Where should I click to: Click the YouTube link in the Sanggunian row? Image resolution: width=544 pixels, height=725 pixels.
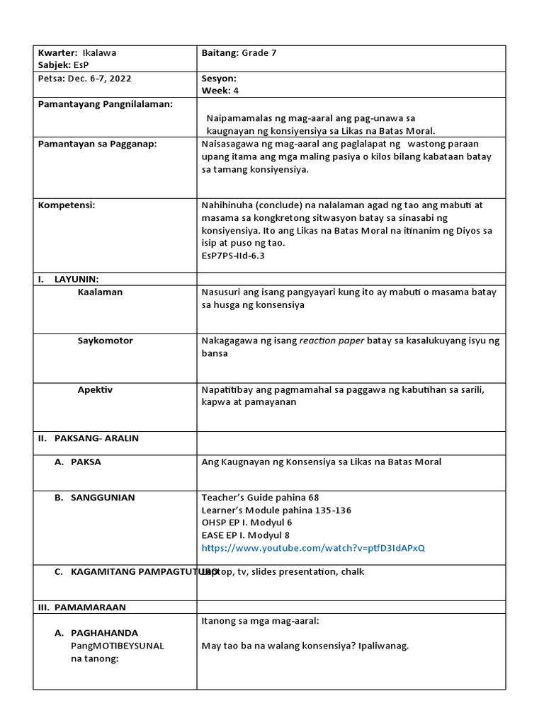click(314, 548)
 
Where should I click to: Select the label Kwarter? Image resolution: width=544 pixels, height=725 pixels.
click(57, 52)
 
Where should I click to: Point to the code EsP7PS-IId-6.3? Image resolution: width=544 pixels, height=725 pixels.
click(233, 256)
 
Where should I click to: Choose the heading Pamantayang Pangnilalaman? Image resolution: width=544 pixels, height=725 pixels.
click(106, 104)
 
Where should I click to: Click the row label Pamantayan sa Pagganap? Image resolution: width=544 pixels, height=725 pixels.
click(97, 144)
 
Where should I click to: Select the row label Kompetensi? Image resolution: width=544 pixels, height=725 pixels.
click(66, 205)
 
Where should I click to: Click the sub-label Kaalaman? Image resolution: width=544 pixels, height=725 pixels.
click(100, 292)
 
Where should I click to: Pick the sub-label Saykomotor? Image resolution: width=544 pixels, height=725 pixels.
click(105, 341)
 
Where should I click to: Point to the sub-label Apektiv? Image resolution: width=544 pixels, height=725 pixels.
click(95, 389)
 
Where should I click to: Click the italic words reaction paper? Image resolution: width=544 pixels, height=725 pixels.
click(331, 341)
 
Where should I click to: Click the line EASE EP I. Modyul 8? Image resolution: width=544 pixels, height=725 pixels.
click(245, 535)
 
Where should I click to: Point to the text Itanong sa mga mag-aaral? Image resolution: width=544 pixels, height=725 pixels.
click(260, 621)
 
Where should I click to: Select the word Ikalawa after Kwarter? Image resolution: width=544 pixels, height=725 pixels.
click(100, 52)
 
